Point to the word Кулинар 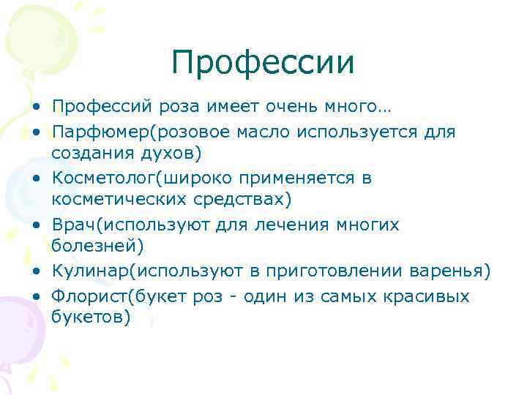pyautogui.click(x=84, y=271)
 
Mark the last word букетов pyautogui.click(x=89, y=318)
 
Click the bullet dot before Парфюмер pyautogui.click(x=36, y=133)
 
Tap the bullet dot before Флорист pyautogui.click(x=36, y=296)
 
